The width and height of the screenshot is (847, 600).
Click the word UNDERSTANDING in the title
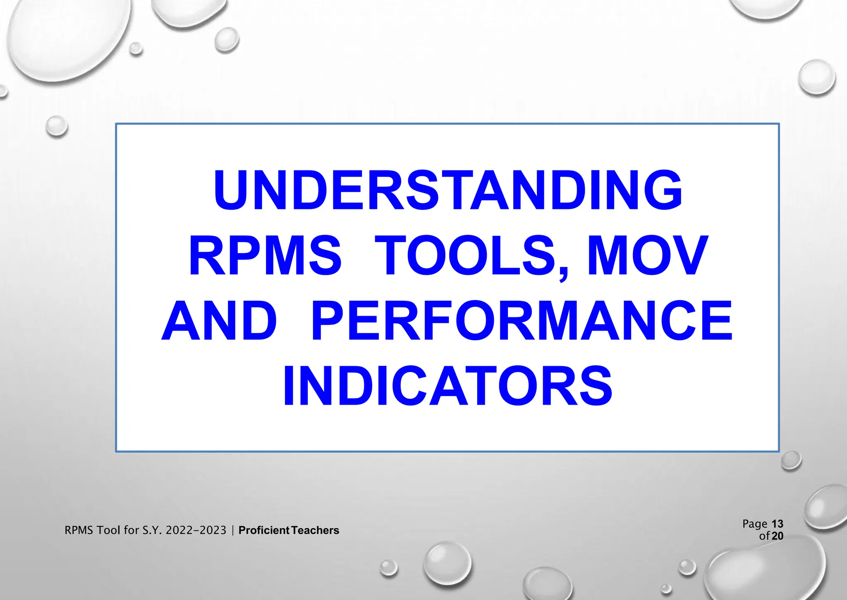coord(447,190)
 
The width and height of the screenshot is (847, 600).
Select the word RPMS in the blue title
coord(265,255)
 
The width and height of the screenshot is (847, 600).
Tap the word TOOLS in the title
coord(465,255)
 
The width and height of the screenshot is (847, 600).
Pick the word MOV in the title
coord(648,255)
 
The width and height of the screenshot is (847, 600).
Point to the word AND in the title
coord(219,321)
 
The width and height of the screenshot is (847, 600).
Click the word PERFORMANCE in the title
coord(522,321)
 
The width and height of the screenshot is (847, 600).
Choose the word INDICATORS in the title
coord(447,386)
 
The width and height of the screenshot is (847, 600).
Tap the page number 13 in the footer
coord(778,524)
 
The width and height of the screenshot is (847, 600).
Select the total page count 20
coord(778,536)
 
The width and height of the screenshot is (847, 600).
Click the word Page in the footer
coord(755,524)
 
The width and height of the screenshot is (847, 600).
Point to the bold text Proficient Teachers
coord(289,530)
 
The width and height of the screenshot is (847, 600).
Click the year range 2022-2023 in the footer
coord(196,530)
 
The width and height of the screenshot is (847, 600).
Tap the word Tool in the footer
coord(109,530)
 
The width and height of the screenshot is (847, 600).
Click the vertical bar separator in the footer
coord(233,530)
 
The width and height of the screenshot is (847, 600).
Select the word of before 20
coord(764,536)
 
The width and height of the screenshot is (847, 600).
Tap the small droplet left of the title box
coord(57,126)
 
